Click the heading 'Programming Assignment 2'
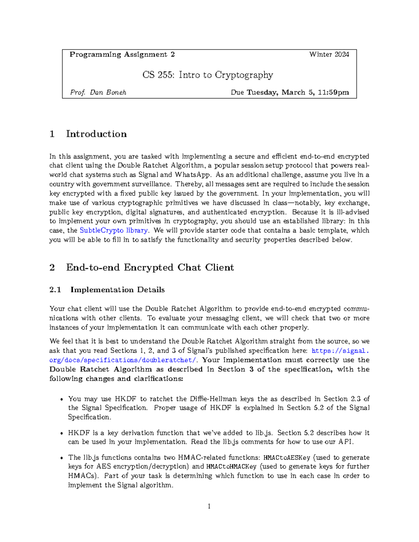point(122,54)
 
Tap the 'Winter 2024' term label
point(329,54)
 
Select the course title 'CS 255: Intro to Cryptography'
point(208,75)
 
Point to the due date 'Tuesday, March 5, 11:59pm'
point(298,92)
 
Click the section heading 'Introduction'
point(96,134)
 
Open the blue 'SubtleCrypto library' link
point(114,230)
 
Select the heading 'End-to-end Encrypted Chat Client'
point(150,268)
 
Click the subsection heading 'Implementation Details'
point(117,290)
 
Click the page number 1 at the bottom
point(209,506)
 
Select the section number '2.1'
point(55,290)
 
